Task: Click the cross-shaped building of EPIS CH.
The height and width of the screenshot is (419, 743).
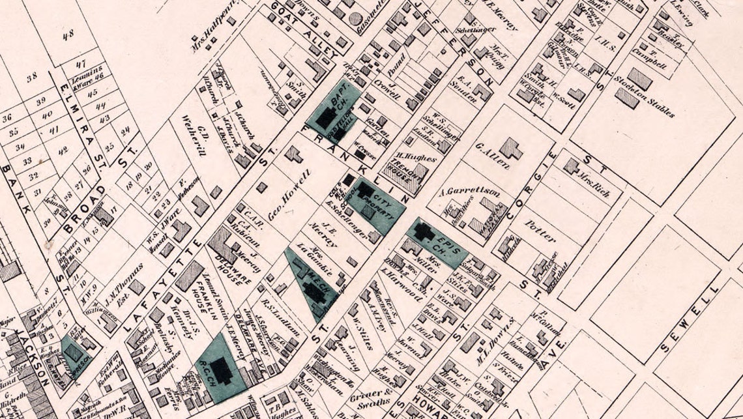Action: tap(425, 231)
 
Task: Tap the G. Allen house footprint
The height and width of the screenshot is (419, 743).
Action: tap(510, 149)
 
